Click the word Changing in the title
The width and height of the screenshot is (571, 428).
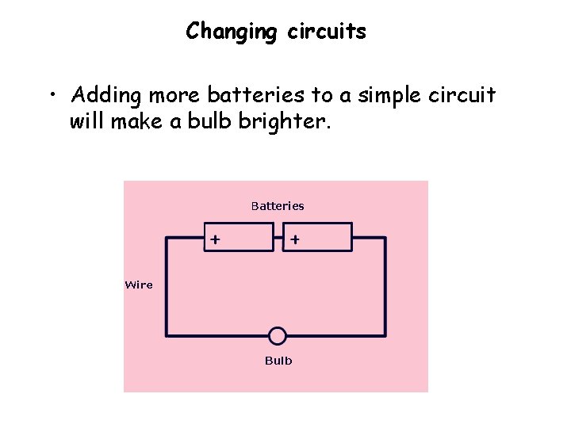point(231,32)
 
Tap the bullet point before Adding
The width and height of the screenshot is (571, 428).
point(51,97)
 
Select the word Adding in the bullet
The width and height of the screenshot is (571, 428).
point(105,97)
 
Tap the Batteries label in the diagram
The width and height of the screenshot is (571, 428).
point(278,206)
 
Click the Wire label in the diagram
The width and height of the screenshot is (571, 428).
point(139,285)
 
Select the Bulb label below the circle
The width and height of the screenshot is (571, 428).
point(278,361)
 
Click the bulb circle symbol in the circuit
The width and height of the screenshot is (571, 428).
point(278,336)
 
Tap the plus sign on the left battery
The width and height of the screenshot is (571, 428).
point(215,239)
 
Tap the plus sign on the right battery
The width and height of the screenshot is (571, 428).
point(294,239)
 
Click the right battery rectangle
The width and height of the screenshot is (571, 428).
point(317,237)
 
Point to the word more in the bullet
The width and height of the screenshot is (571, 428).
point(174,96)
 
